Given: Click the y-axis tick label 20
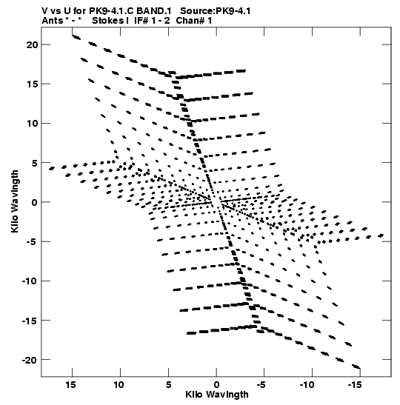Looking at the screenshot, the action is click(32, 44).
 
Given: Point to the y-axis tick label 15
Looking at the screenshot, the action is click(32, 84).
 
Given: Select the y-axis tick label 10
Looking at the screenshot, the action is click(32, 123).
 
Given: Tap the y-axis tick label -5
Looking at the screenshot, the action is click(32, 241).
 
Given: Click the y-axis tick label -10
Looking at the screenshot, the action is click(30, 281).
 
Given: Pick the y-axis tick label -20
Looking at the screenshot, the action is click(30, 360).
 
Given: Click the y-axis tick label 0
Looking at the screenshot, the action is click(35, 202).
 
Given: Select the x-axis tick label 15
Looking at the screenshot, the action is click(70, 385).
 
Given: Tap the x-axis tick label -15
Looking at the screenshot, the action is click(356, 385).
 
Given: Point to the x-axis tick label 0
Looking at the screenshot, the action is click(216, 385).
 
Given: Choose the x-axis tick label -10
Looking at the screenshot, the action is click(307, 385).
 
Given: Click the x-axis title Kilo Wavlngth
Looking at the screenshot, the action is click(217, 395).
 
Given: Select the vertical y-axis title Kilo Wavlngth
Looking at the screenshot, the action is click(15, 201).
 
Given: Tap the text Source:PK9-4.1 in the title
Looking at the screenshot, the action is click(215, 11).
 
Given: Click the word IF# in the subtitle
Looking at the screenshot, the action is click(141, 21).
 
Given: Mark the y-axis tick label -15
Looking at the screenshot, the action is click(30, 321).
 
